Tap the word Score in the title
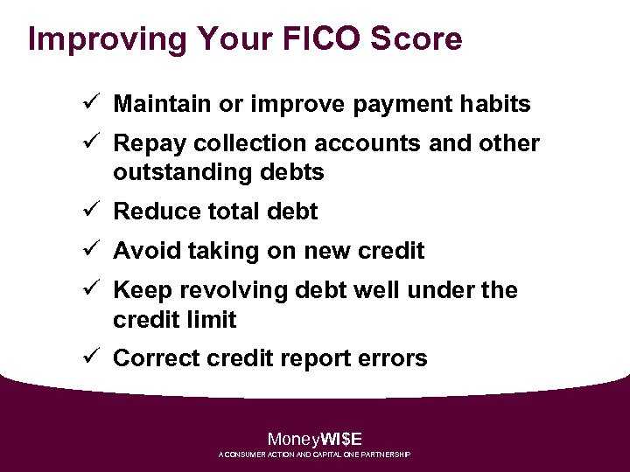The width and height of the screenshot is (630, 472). click(x=416, y=39)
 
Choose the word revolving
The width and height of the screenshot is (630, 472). click(x=227, y=290)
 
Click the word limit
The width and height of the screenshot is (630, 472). click(x=211, y=320)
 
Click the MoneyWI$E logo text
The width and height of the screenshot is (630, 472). click(x=314, y=440)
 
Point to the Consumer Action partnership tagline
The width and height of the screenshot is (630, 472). click(x=314, y=455)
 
